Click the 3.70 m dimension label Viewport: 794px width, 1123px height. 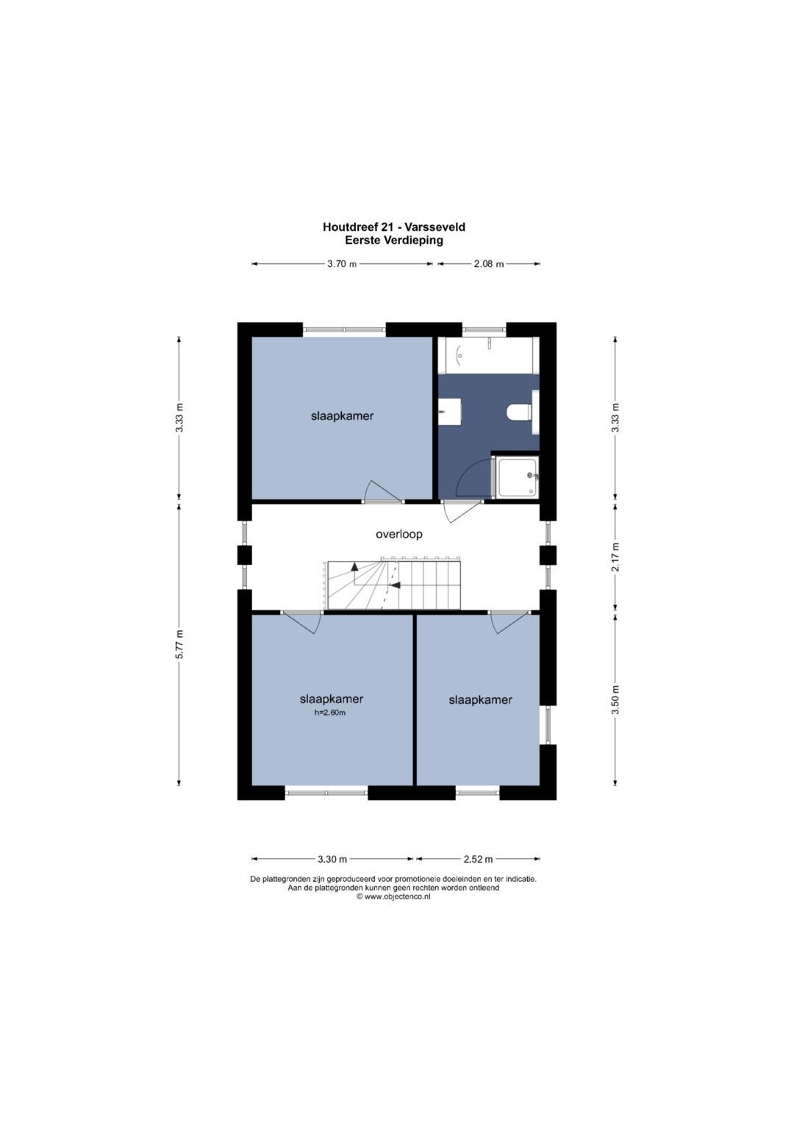pos(342,264)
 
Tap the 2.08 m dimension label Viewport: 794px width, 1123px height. pos(489,264)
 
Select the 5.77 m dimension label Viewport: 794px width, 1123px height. pos(179,645)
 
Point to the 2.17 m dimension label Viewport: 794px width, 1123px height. pos(616,557)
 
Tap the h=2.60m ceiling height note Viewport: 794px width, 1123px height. pos(330,713)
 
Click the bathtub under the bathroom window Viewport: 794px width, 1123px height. pos(489,355)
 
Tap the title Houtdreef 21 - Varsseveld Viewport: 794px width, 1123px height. pos(394,227)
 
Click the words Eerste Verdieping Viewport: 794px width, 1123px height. pos(394,240)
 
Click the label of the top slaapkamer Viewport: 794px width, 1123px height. pos(343,416)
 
